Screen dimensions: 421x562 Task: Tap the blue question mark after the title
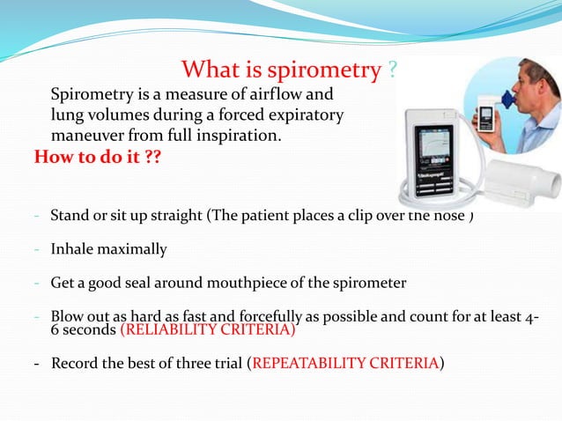[x=390, y=70]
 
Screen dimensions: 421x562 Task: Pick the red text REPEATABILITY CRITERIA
[x=346, y=362]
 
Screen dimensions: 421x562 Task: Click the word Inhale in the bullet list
[x=72, y=249]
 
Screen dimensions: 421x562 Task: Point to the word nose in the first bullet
[x=450, y=215]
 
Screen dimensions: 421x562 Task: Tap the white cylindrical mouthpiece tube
[x=525, y=181]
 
